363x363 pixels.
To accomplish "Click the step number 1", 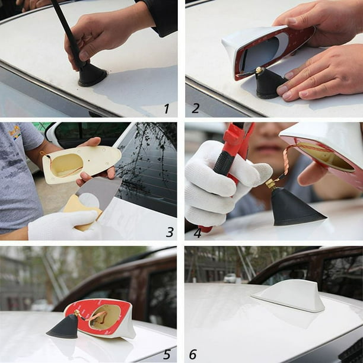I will [167, 109].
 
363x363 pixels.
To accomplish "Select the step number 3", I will [169, 232].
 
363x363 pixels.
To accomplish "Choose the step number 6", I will [193, 354].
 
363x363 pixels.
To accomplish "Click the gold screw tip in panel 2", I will [259, 71].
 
